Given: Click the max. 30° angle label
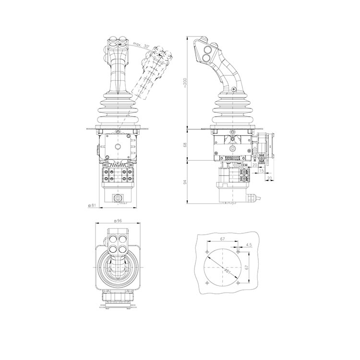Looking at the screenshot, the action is (141, 46).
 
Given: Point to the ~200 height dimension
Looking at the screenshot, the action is (185, 84).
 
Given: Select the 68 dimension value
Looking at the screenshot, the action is (185, 145).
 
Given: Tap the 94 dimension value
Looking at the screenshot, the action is (185, 181).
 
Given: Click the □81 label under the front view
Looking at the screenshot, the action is (92, 205).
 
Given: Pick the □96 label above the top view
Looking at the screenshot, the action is (118, 221).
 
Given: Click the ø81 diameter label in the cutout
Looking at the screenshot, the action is (228, 271).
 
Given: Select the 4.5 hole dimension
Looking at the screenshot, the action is (249, 245).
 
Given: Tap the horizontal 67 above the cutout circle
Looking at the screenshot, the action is (222, 239).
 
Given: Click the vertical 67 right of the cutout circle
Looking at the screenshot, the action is (247, 267).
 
